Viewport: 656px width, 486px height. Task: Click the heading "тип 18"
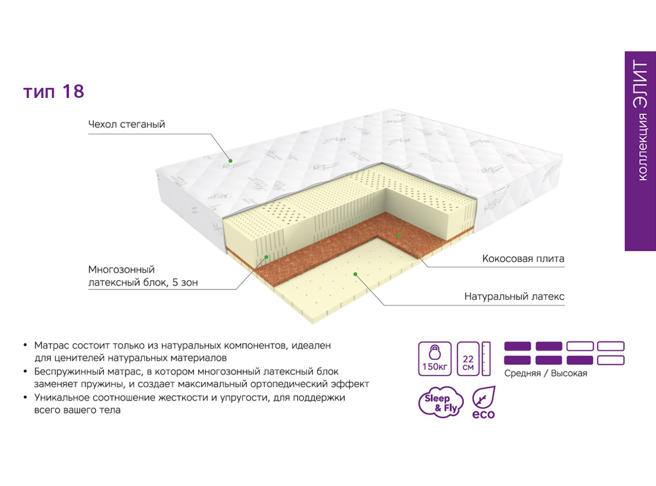pyautogui.click(x=54, y=92)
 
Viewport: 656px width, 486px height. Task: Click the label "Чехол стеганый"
pyautogui.click(x=126, y=124)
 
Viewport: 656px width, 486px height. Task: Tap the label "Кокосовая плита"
pyautogui.click(x=523, y=259)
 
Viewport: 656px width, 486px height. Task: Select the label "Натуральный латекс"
pyautogui.click(x=514, y=297)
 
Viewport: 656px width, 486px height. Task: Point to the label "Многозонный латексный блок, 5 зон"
pyautogui.click(x=143, y=276)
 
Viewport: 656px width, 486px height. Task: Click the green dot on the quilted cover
pyautogui.click(x=230, y=161)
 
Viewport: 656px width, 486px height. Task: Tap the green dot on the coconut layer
pyautogui.click(x=399, y=236)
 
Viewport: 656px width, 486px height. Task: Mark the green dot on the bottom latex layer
pyautogui.click(x=355, y=275)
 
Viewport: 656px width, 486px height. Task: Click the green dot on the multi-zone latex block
pyautogui.click(x=266, y=257)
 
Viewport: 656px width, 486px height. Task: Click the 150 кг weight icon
pyautogui.click(x=435, y=359)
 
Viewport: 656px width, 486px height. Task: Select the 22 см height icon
pyautogui.click(x=474, y=359)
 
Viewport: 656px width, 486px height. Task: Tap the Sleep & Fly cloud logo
pyautogui.click(x=441, y=402)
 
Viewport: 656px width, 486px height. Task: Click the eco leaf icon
pyautogui.click(x=484, y=402)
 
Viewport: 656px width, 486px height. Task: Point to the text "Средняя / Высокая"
pyautogui.click(x=546, y=373)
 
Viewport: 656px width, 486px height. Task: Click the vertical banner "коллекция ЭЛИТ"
pyautogui.click(x=640, y=151)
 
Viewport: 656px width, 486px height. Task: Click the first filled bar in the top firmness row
pyautogui.click(x=518, y=346)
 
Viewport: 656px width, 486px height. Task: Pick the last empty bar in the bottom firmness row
pyautogui.click(x=611, y=360)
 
